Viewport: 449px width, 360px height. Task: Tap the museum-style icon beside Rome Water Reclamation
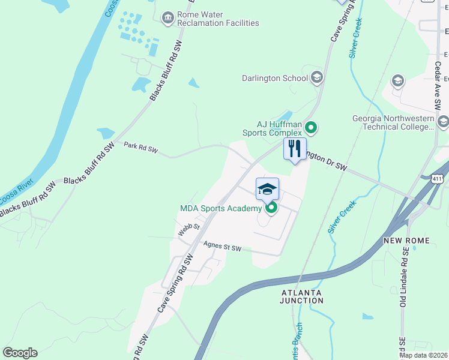[x=168, y=18]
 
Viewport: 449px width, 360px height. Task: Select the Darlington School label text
[x=274, y=78]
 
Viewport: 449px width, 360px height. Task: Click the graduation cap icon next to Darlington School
[x=317, y=77]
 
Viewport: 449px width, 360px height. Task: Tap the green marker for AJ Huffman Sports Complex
[x=311, y=127]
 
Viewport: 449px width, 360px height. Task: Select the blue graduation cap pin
[x=267, y=189]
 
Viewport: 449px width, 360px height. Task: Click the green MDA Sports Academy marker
[x=271, y=208]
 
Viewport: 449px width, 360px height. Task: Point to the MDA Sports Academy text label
[x=221, y=209]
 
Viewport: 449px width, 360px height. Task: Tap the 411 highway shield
[x=437, y=178]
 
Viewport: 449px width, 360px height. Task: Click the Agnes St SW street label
[x=222, y=247]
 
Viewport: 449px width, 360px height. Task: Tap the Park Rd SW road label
[x=140, y=148]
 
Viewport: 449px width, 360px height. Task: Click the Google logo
[x=20, y=353]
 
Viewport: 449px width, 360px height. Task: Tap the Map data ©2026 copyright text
[x=423, y=355]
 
